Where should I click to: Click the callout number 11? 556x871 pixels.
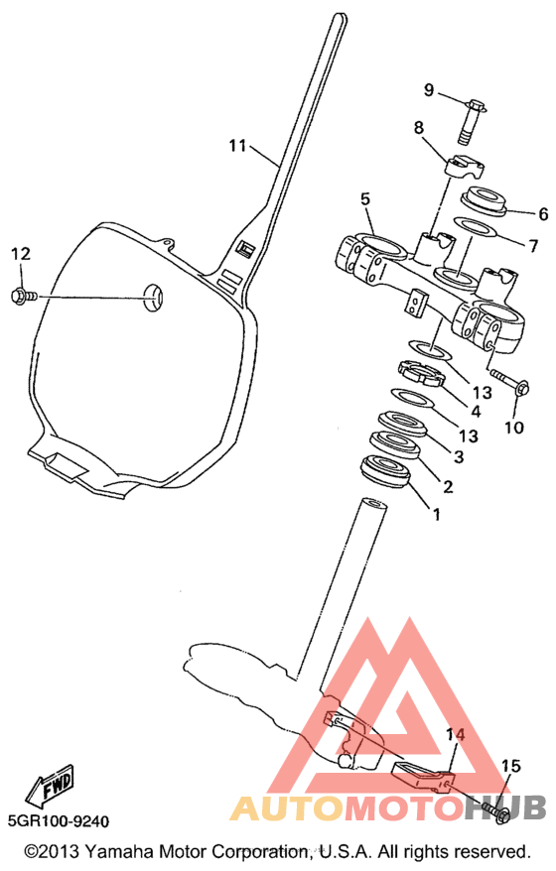tap(237, 146)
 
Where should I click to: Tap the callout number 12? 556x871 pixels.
tap(21, 254)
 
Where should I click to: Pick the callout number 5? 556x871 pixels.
tap(364, 199)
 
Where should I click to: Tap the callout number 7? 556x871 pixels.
tap(532, 245)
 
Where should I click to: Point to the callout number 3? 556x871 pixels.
tap(458, 456)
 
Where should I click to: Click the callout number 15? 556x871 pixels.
tap(510, 767)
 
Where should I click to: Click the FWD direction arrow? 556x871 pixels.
tap(51, 787)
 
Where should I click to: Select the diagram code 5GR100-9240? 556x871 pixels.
tap(59, 821)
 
